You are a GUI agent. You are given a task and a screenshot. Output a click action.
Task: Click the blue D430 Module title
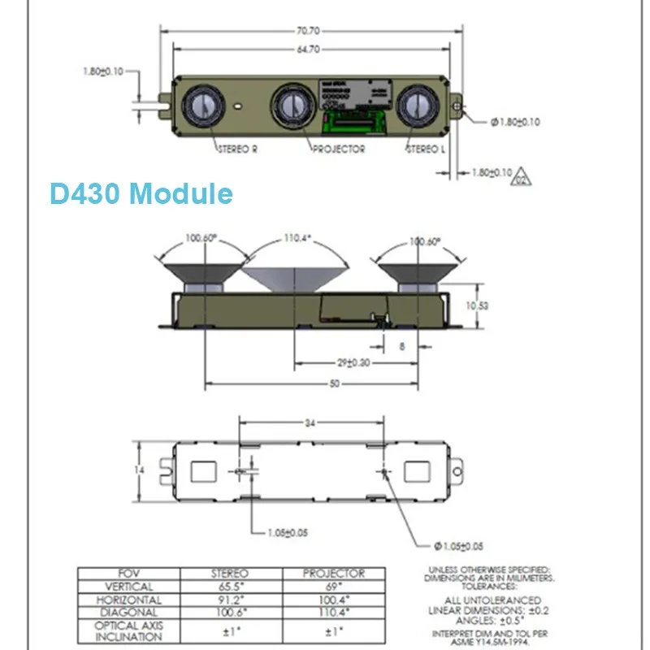tap(141, 194)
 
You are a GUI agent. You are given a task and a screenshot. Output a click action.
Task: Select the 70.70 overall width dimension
tap(307, 31)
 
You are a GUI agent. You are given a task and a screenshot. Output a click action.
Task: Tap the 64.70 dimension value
tap(307, 50)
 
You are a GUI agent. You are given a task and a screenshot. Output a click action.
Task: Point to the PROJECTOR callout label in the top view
tap(337, 149)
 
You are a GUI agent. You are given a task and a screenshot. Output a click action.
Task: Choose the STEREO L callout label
tap(426, 149)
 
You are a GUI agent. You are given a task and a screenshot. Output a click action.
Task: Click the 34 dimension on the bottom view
tap(310, 422)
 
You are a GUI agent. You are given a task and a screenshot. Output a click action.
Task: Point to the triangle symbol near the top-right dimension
tap(518, 179)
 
